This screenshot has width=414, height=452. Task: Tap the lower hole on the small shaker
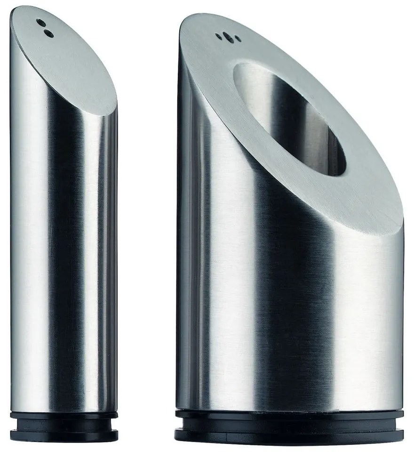coord(47,32)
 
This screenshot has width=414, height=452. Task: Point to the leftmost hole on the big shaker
coord(219,34)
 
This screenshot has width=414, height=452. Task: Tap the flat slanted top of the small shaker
coord(71,61)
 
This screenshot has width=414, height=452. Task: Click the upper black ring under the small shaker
coord(64,417)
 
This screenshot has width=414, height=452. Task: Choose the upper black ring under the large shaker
coord(289,414)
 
